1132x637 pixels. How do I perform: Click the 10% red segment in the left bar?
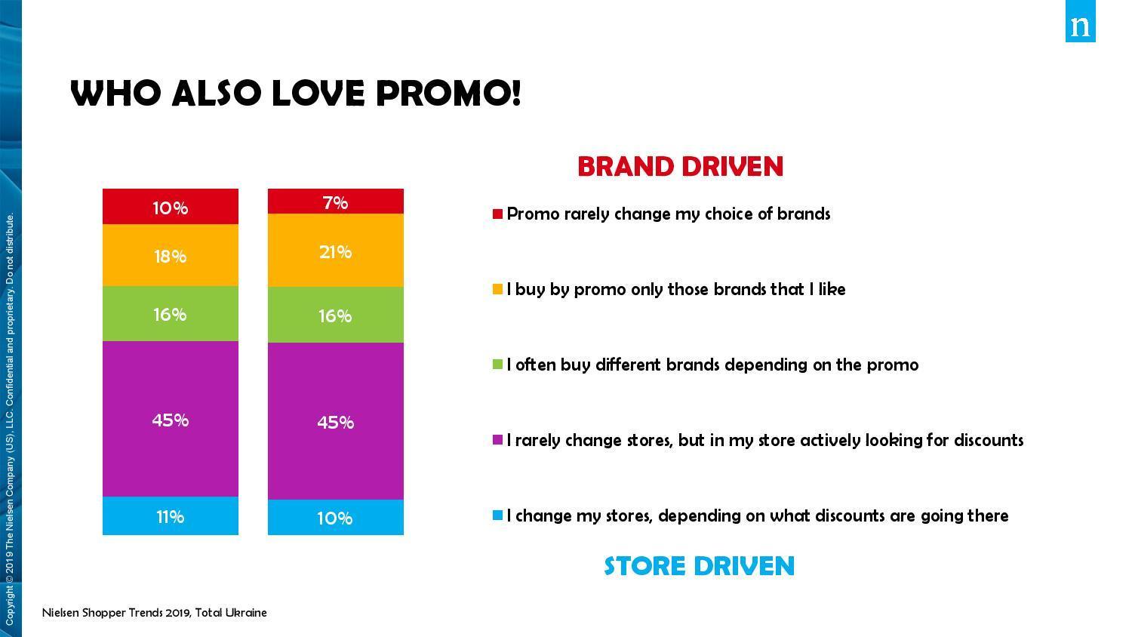point(171,206)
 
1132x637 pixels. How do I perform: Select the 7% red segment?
point(336,202)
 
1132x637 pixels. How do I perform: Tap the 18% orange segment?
point(171,255)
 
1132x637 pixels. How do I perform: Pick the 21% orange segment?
point(336,251)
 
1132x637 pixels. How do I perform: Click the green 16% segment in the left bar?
point(171,313)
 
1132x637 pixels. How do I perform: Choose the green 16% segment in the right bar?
point(336,315)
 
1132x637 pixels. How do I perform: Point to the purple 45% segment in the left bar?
point(171,419)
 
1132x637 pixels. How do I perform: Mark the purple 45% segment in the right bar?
point(336,421)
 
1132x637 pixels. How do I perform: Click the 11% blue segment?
point(171,515)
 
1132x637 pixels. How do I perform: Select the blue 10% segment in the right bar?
point(336,517)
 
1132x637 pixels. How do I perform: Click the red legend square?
point(498,214)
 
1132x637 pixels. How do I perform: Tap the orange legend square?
point(498,289)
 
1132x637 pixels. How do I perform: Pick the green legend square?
point(498,365)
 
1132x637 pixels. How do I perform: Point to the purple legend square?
point(498,440)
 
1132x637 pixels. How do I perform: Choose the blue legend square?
point(498,515)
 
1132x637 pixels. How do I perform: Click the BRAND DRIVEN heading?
point(680,166)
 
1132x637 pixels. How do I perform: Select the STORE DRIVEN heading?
point(700,566)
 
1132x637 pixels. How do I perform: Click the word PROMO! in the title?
point(448,93)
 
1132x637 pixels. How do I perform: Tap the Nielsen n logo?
point(1081,21)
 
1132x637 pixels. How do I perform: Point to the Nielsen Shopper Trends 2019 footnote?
point(155,613)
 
